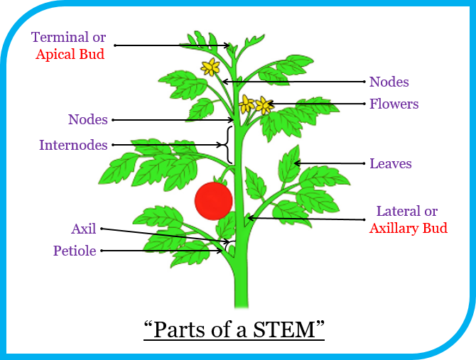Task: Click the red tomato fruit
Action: click(x=214, y=200)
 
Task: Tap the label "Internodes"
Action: click(x=73, y=146)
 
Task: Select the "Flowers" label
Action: click(x=394, y=104)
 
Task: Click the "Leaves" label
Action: click(x=390, y=164)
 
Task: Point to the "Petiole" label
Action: click(x=75, y=251)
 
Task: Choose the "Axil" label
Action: click(x=83, y=229)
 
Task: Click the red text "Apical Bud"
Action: click(x=70, y=53)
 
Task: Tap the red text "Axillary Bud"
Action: click(x=409, y=228)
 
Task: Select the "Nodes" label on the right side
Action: click(x=389, y=82)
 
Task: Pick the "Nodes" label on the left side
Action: click(x=87, y=119)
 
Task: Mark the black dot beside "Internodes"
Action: click(x=113, y=146)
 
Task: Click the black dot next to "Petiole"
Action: click(x=102, y=251)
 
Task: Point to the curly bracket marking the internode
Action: click(x=227, y=145)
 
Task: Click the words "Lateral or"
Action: click(x=406, y=211)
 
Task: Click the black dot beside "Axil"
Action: click(x=102, y=229)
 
